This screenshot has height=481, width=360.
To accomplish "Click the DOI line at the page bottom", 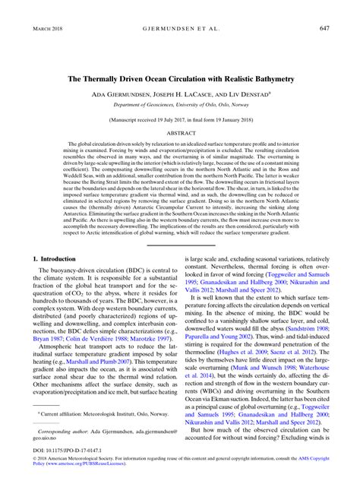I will [x=61, y=460].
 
